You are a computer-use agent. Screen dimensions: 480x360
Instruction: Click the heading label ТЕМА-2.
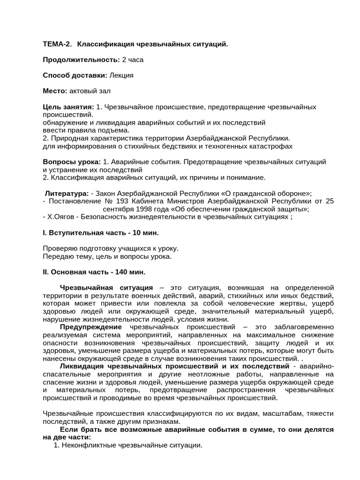(57, 44)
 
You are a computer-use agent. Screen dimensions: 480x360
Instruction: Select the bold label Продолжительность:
(81, 60)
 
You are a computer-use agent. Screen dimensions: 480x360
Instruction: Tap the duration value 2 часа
(133, 60)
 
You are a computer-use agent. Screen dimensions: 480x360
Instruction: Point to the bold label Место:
(55, 90)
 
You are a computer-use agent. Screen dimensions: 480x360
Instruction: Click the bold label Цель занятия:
(68, 107)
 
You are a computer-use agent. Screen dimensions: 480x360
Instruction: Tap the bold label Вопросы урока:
(72, 162)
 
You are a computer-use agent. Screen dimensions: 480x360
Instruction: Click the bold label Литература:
(67, 193)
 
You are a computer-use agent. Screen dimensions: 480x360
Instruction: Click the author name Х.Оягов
(60, 217)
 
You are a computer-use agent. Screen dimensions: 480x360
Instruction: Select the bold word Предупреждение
(90, 327)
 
